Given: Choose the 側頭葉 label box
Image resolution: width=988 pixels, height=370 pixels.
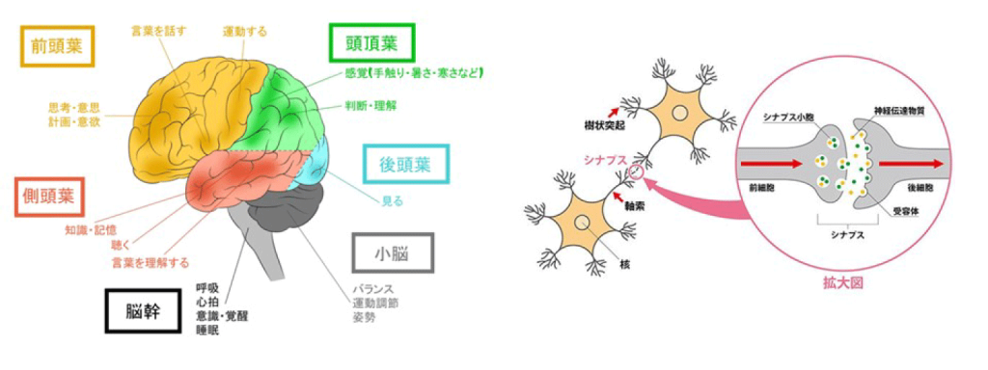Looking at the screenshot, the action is (x=48, y=198).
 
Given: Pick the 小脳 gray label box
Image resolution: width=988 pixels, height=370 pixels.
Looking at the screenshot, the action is (x=393, y=252).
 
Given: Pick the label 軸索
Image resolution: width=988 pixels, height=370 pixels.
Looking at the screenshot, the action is (x=638, y=205).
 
